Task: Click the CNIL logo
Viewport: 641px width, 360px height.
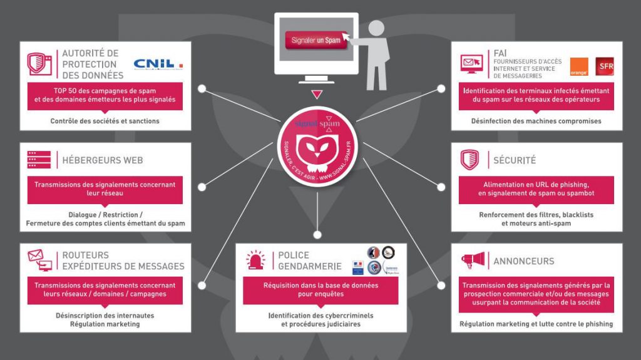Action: [158, 64]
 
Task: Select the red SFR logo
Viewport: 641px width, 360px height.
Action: [605, 66]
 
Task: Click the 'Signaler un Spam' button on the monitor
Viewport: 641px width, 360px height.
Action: [315, 41]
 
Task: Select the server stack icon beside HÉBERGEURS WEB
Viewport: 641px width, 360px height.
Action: [39, 160]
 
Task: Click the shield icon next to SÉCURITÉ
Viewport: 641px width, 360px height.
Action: [469, 160]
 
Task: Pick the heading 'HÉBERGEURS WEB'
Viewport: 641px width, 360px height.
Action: [102, 160]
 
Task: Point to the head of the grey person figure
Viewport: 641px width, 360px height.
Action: [377, 28]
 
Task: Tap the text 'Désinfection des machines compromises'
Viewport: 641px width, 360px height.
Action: [536, 121]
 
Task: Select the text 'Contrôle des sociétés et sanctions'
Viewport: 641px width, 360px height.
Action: [105, 121]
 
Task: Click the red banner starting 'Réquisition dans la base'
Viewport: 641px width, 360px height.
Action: [320, 289]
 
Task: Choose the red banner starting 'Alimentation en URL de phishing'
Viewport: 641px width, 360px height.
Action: [536, 189]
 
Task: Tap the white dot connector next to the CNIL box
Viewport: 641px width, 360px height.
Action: [202, 89]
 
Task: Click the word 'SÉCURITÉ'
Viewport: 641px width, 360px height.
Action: [515, 160]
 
